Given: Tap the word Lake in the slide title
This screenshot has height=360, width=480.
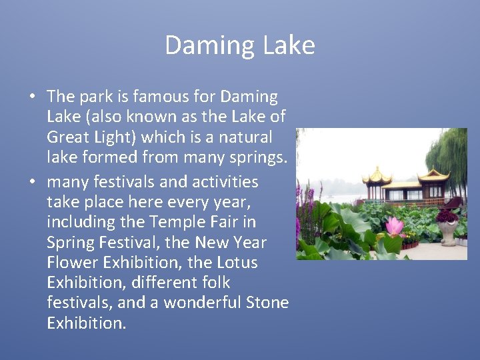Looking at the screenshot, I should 289,45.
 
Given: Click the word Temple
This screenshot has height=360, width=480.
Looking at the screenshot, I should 176,222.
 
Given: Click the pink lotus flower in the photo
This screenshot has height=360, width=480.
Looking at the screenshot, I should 395,227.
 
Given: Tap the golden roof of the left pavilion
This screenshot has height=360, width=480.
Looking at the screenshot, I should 377,177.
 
